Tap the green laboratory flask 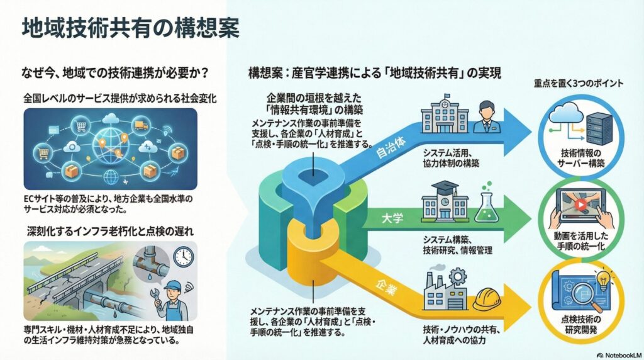click(x=484, y=205)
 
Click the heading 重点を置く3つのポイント click(x=578, y=82)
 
